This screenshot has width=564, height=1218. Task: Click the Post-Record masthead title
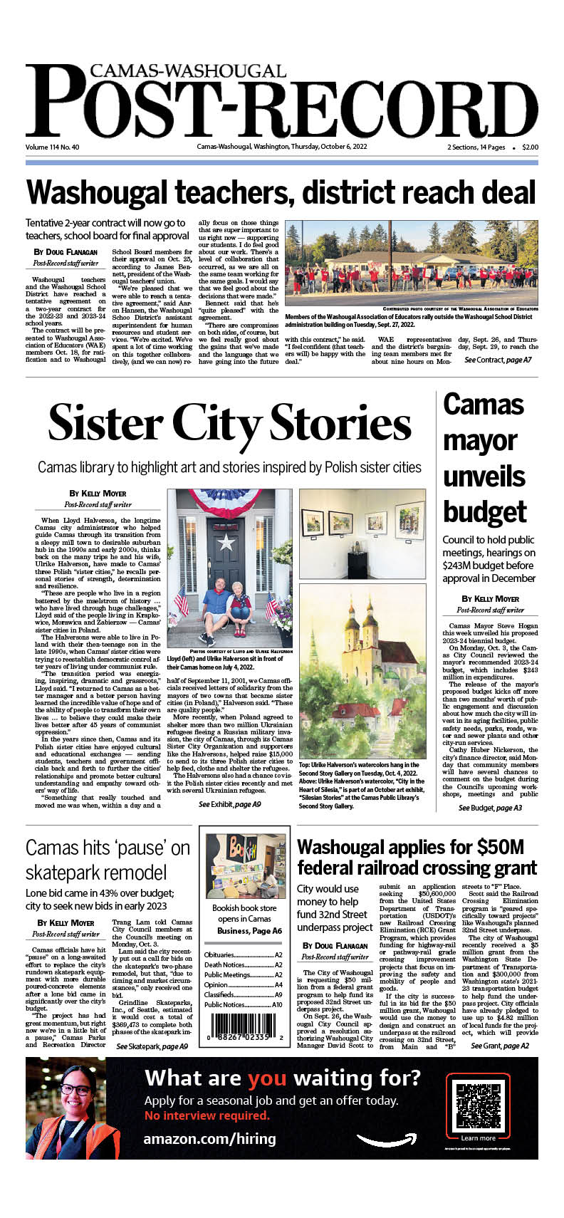[281, 106]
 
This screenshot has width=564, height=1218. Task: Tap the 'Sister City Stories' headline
[229, 423]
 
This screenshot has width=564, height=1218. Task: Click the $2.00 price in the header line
[530, 147]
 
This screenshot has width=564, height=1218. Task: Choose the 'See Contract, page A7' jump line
[498, 360]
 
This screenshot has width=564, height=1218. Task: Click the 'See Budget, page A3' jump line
[490, 808]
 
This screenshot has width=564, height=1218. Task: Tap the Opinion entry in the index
[243, 984]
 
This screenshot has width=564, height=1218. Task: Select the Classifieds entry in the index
[243, 994]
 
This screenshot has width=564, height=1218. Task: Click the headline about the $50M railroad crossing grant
[417, 857]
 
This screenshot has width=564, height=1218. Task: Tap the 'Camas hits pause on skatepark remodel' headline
[108, 860]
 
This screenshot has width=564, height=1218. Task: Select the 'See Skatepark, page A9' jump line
[152, 1046]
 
